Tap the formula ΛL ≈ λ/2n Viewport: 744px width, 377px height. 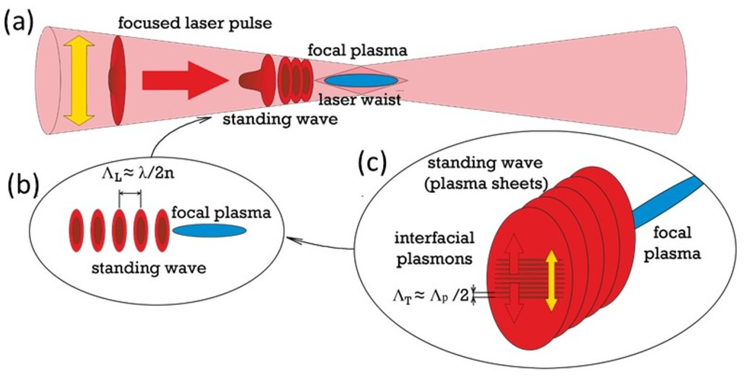pos(138,174)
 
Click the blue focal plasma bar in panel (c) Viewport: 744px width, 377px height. pos(664,206)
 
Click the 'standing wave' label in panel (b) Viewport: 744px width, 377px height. pos(149,268)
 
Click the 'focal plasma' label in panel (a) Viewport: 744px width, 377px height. pos(358,51)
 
